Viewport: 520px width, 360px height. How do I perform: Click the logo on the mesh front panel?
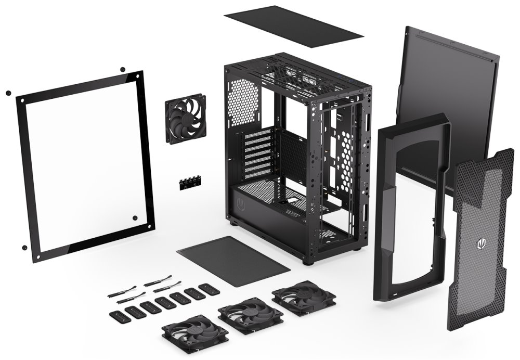(479, 243)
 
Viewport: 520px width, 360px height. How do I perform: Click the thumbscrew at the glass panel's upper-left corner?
(8, 93)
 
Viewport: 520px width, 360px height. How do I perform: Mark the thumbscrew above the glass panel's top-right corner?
(122, 69)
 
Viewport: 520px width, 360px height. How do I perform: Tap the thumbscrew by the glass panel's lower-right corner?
(135, 218)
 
